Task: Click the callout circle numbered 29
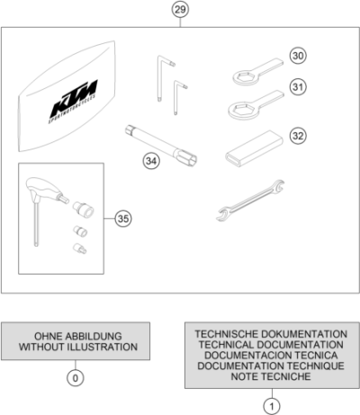[x=180, y=10]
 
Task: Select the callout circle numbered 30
[x=299, y=56]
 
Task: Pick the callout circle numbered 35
[x=124, y=218]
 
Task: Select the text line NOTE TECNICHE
[x=270, y=376]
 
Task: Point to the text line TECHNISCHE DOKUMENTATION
[x=270, y=333]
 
